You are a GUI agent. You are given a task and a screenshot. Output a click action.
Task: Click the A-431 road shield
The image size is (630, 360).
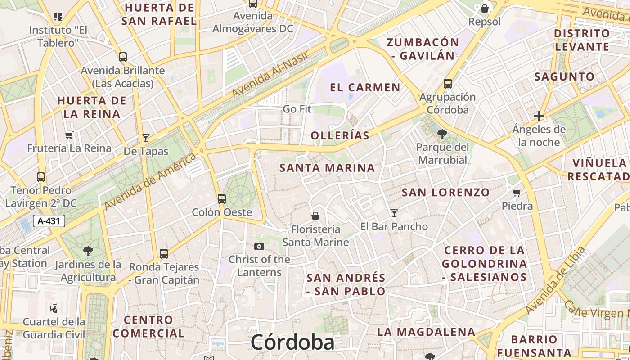pos(49,221)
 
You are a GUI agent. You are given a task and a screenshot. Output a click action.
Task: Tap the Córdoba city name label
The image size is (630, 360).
pos(292,342)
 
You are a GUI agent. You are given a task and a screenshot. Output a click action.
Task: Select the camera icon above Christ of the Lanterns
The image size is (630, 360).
pos(259,246)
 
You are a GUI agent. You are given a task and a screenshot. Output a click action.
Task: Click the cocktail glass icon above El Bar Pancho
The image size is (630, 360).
pos(394,213)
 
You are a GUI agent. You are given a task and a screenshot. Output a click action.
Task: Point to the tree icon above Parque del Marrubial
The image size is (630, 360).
pos(442,134)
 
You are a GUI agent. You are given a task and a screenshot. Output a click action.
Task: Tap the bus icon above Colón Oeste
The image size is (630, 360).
pos(222,198)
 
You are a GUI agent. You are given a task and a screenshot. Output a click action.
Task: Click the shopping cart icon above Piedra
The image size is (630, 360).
pos(517,193)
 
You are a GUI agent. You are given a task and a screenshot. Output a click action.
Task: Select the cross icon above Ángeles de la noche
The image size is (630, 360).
pos(539,116)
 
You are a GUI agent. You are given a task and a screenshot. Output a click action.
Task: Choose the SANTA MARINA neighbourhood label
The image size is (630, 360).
pos(327,168)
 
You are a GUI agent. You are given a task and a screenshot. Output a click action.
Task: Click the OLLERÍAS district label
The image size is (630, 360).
pos(340,135)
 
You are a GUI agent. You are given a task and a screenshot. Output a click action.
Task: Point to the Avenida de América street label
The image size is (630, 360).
pos(150,181)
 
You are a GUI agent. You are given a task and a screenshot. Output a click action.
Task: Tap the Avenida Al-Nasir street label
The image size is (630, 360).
pos(270,74)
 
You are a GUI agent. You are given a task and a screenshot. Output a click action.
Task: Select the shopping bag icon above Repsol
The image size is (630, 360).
pos(485,9)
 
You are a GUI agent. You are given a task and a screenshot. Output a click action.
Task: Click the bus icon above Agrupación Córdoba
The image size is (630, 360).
pos(447,84)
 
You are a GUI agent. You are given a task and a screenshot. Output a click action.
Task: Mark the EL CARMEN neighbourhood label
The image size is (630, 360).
pos(365,87)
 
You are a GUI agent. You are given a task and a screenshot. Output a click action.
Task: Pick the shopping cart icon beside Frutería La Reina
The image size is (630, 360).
pos(69,135)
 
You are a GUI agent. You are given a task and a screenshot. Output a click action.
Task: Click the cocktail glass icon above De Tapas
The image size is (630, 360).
pos(146,138)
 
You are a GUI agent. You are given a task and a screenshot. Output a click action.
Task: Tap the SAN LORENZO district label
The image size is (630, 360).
pos(445,193)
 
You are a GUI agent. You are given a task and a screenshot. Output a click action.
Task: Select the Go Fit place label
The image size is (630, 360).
pos(297,109)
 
